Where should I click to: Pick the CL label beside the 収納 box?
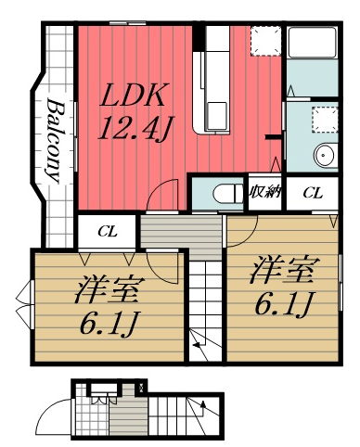tap(313, 194)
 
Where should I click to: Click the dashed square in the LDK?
tap(265, 40)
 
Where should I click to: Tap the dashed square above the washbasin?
tap(324, 119)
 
